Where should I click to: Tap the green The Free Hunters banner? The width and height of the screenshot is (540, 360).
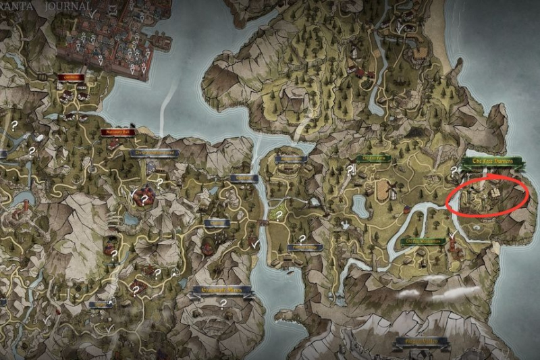[491, 162]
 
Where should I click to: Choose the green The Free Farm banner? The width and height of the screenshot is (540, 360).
[373, 159]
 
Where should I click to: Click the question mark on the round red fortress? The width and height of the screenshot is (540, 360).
[143, 199]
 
